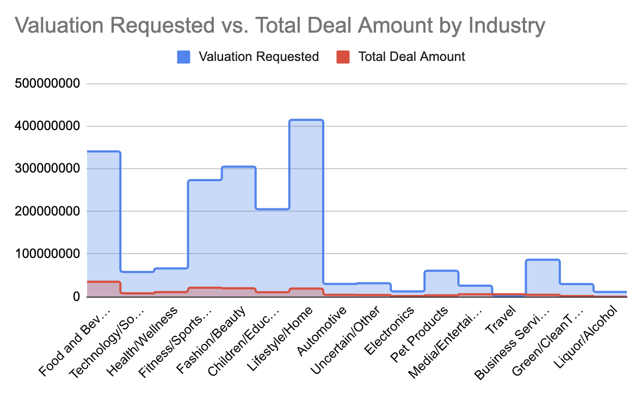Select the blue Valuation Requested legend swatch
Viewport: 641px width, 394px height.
coord(183,57)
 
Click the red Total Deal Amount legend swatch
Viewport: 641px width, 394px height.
coord(343,57)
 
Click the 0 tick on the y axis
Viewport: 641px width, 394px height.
coord(77,297)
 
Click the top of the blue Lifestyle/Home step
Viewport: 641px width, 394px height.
coord(306,120)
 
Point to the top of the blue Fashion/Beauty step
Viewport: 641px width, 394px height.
coord(239,167)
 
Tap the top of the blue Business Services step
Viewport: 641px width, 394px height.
coord(543,260)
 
